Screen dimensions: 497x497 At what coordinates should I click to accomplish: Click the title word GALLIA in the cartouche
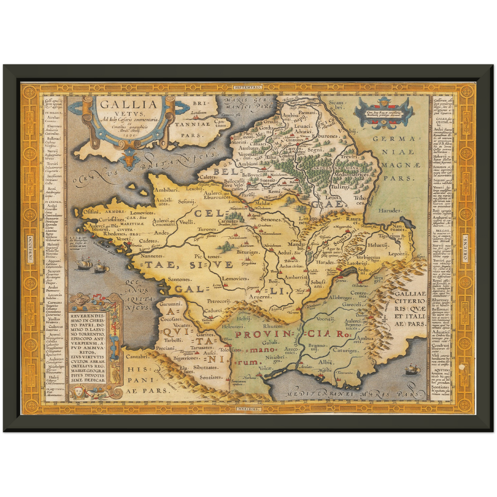click(129, 104)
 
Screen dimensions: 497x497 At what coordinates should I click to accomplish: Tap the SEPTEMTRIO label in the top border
click(248, 88)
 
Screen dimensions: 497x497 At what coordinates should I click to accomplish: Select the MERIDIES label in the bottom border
click(248, 409)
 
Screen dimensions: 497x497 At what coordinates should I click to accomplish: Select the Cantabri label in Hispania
click(137, 357)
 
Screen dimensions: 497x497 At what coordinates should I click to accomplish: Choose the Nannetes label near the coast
click(151, 256)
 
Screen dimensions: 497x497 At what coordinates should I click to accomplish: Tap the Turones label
click(207, 229)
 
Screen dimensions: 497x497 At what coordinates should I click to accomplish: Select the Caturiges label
click(346, 351)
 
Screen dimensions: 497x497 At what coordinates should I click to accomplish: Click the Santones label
click(179, 280)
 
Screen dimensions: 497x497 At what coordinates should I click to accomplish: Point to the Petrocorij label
click(218, 301)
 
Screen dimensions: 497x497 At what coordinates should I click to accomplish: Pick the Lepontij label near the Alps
click(398, 253)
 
